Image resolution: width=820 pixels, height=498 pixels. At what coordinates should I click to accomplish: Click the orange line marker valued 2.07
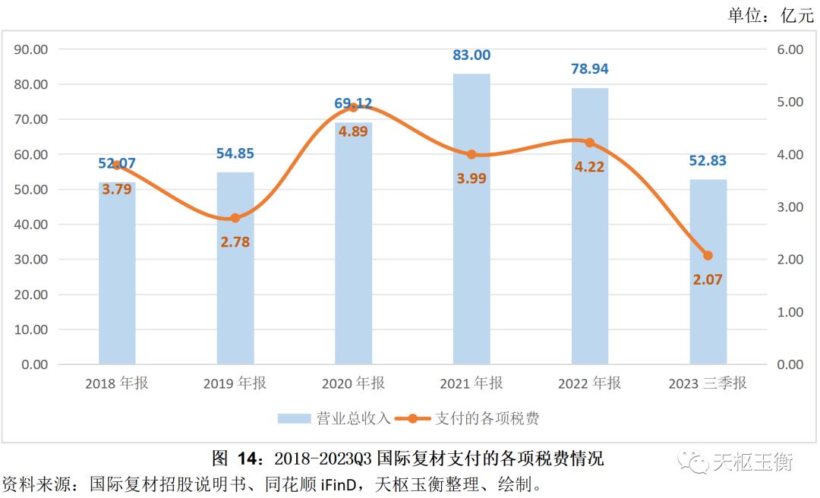pos(708,256)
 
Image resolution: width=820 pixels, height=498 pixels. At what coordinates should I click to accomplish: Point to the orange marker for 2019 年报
pos(235,219)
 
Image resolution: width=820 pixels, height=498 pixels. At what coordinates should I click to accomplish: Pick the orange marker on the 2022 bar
pos(589,143)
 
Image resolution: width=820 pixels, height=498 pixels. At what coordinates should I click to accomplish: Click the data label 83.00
pos(471,55)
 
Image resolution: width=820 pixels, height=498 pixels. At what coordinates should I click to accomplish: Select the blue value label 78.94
pos(589,69)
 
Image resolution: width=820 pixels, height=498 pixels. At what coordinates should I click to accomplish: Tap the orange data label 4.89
pos(353,131)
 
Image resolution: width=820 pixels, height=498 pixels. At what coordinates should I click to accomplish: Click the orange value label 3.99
pos(471,178)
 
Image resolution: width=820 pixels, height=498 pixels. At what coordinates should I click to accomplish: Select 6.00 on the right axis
pos(790,49)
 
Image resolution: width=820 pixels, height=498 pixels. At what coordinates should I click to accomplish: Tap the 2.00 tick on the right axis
pos(790,260)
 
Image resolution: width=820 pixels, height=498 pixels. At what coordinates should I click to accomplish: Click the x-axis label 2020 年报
pos(353,383)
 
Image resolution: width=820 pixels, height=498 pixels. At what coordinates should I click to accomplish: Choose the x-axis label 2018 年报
pos(117,383)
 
